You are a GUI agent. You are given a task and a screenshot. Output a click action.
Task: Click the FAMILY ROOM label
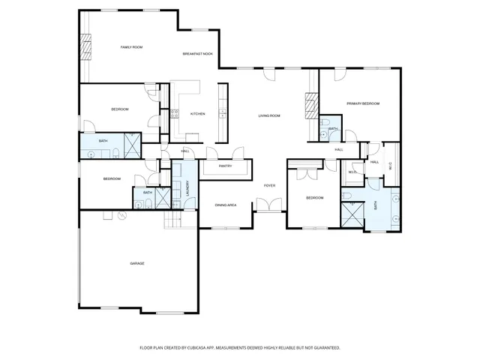(132, 47)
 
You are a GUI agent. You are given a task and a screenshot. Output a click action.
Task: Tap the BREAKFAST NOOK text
(198, 54)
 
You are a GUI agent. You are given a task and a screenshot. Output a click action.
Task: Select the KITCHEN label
(197, 114)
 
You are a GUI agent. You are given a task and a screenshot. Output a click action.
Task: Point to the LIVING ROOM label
(269, 115)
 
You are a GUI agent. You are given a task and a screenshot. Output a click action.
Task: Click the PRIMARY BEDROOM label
(362, 103)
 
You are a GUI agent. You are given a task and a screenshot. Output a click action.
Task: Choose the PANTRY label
(224, 166)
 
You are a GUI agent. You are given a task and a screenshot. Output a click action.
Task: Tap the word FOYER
(269, 184)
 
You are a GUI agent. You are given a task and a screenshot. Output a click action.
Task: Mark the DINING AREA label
(226, 205)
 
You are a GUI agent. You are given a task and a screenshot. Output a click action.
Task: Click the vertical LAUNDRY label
(187, 189)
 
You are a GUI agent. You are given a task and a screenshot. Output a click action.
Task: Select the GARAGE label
(136, 263)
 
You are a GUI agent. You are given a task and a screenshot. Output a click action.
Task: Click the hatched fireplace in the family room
(85, 49)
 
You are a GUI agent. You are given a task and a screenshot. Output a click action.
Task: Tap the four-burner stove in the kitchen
(175, 114)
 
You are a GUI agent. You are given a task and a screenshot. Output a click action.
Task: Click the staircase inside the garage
(173, 221)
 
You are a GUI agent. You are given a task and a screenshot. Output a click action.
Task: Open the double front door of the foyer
(268, 204)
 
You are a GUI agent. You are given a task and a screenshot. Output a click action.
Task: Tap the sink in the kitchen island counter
(222, 114)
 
